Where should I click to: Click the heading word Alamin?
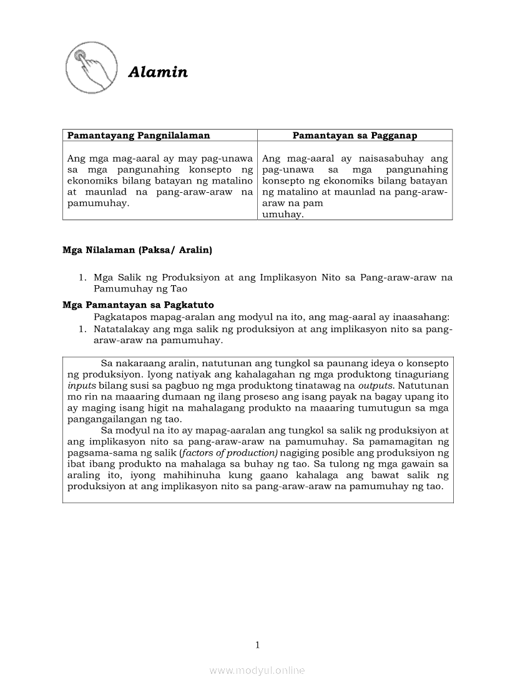pyautogui.click(x=158, y=72)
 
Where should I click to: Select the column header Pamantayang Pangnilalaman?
pyautogui.click(x=139, y=135)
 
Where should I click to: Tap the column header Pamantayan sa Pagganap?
pyautogui.click(x=355, y=135)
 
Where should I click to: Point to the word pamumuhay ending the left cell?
pyautogui.click(x=96, y=203)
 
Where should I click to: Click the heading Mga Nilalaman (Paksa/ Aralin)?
pyautogui.click(x=137, y=250)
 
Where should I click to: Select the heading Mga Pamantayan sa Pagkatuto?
pyautogui.click(x=138, y=305)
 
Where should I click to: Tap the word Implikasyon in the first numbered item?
pyautogui.click(x=288, y=278)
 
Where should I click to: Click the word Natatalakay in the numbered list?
pyautogui.click(x=122, y=329)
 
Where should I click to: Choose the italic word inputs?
pyautogui.click(x=81, y=385)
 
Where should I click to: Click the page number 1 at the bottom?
pyautogui.click(x=257, y=645)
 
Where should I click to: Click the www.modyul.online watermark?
pyautogui.click(x=257, y=671)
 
